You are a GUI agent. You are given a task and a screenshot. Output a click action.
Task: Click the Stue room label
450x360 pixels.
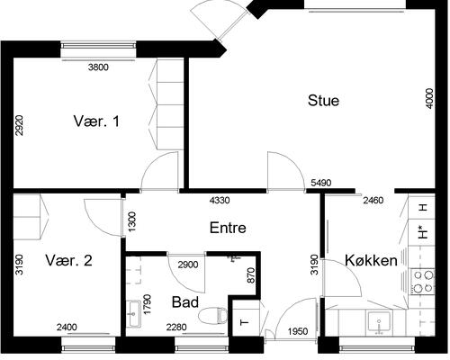tap(323, 101)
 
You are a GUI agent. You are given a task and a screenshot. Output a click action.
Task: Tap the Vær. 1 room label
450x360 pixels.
tap(96, 121)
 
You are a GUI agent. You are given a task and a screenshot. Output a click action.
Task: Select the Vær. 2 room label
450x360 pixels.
tap(68, 260)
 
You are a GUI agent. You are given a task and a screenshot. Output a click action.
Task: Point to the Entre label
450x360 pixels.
tap(228, 228)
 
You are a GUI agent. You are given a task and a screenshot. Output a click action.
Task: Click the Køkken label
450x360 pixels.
tap(371, 260)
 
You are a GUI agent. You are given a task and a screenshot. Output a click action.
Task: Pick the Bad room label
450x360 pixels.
tap(185, 302)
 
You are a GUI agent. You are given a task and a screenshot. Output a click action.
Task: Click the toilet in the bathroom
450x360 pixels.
tap(213, 316)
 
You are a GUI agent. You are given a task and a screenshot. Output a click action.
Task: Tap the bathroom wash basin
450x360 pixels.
tap(133, 313)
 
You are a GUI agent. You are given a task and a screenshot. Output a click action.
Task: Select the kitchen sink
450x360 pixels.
tap(379, 322)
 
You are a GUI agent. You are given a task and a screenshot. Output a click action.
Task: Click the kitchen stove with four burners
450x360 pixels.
tap(423, 282)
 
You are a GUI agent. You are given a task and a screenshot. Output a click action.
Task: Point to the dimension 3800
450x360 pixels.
tap(98, 67)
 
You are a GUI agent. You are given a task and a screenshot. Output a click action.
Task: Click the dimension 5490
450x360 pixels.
tap(321, 183)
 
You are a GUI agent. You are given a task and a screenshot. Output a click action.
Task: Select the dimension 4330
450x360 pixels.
tap(220, 200)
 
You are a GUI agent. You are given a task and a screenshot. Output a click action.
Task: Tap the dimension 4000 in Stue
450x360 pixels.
tap(430, 98)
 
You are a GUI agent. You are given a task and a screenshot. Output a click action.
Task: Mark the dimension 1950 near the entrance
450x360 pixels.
tap(298, 331)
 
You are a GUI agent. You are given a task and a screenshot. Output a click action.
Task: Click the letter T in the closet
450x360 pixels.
tap(245, 323)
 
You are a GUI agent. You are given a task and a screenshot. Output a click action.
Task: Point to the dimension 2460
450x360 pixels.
tap(373, 200)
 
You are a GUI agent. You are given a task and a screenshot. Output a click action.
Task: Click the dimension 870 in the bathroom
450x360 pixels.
tap(251, 275)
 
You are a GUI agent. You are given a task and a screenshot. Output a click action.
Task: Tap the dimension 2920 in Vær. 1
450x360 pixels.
tap(19, 125)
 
